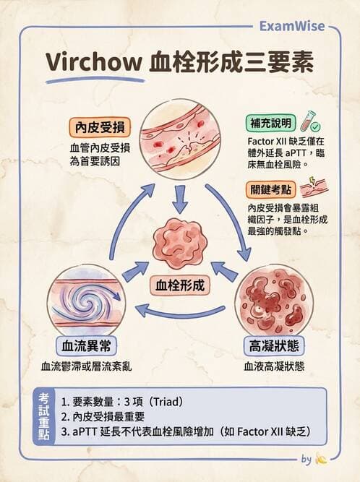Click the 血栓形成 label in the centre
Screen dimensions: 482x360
pos(181,284)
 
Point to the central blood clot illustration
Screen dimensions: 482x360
pos(181,242)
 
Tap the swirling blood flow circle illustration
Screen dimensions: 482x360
pos(80,300)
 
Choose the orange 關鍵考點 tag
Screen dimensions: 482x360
pos(269,190)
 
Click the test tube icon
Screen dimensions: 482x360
pos(309,119)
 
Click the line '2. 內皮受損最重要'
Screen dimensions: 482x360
pos(104,416)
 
